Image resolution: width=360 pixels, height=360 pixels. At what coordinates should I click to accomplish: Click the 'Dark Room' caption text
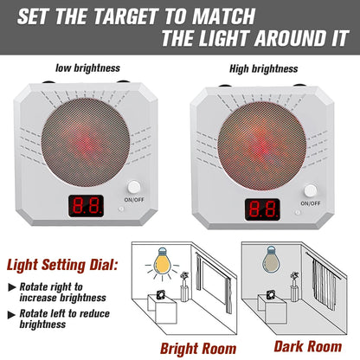310,346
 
